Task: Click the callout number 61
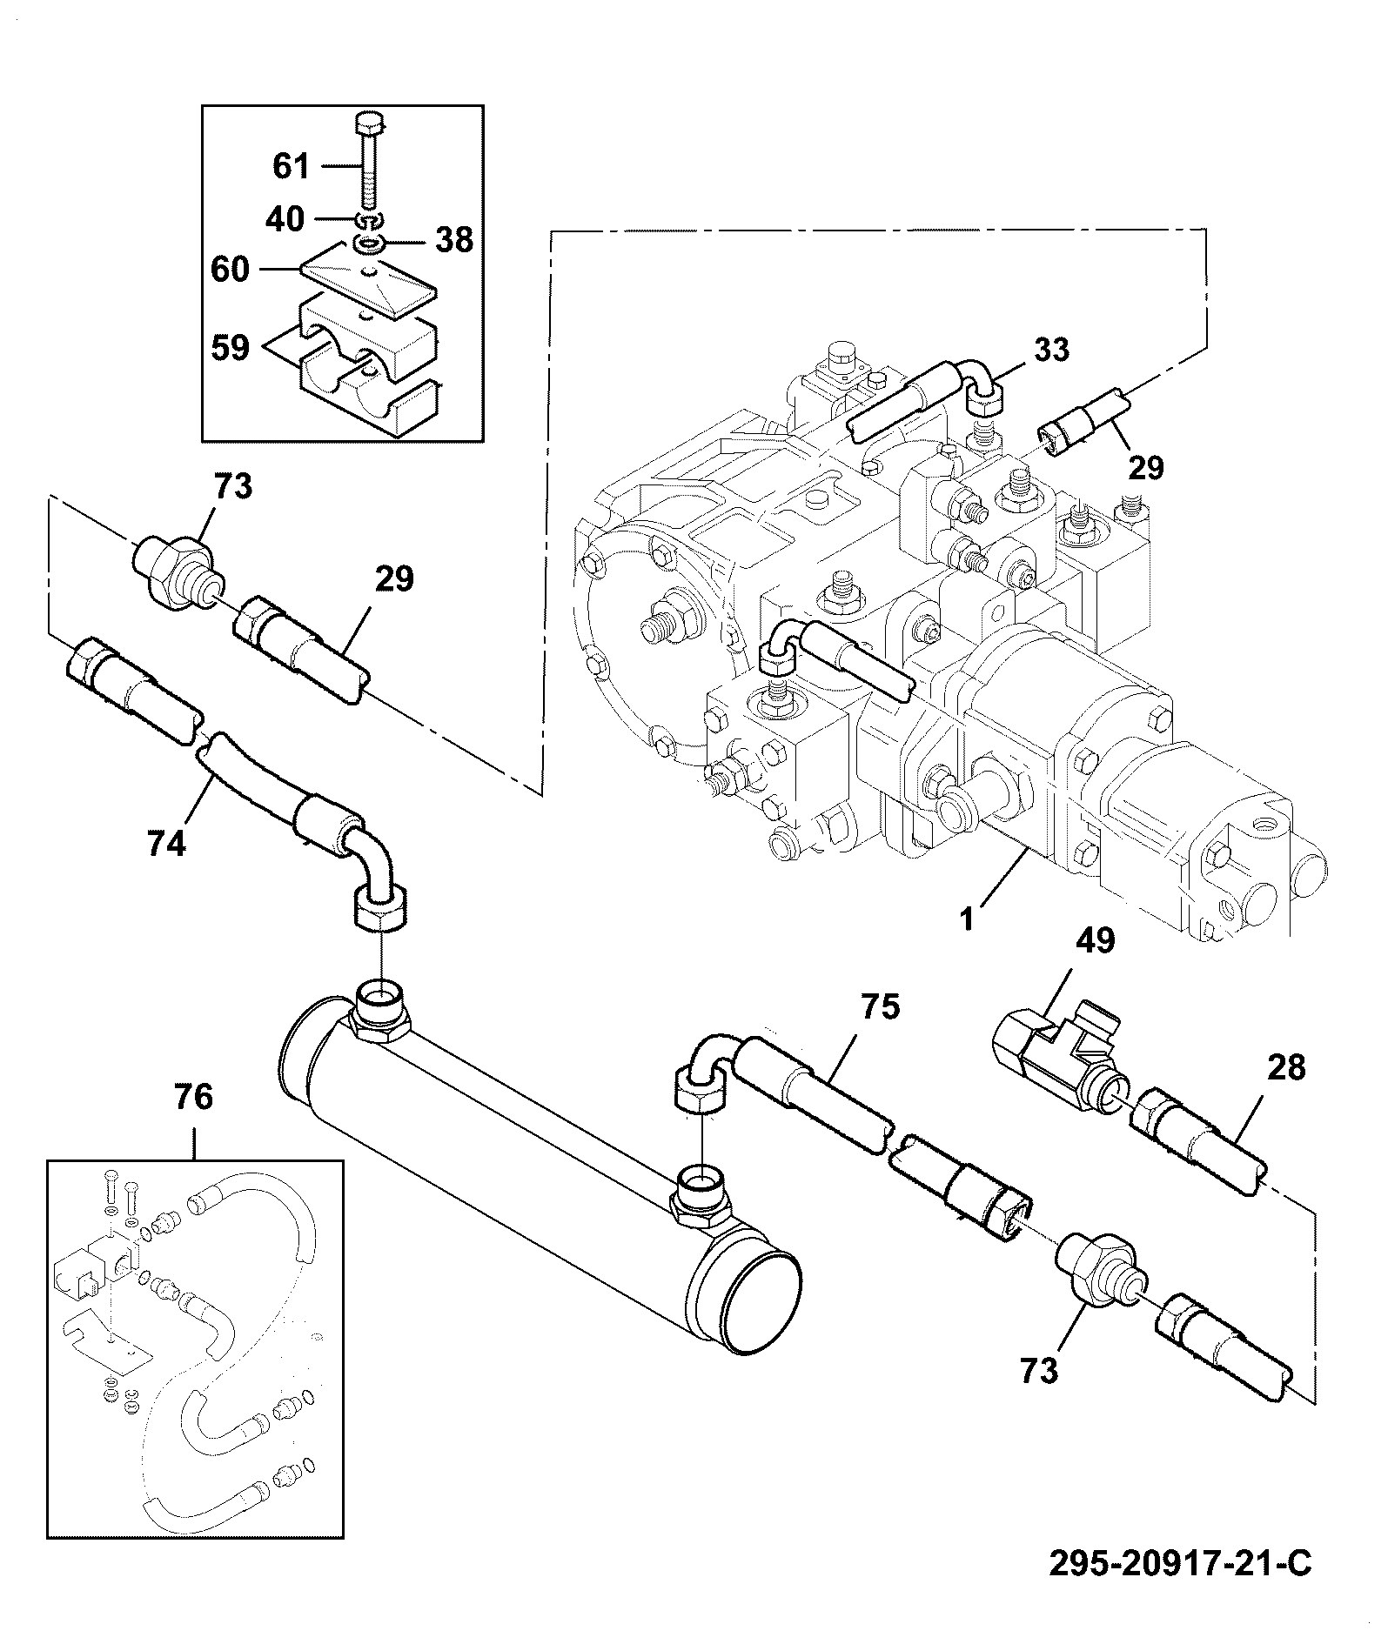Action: click(292, 165)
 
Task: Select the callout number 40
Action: click(285, 219)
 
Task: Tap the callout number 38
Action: click(454, 240)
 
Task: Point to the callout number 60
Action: click(230, 271)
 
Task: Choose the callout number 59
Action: click(230, 348)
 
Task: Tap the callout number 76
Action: click(192, 1097)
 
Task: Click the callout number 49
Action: click(1095, 940)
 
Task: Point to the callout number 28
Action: click(1286, 1067)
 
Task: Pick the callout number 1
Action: click(967, 919)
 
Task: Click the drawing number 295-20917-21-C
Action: click(1179, 1564)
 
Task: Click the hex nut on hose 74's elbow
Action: click(379, 906)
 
